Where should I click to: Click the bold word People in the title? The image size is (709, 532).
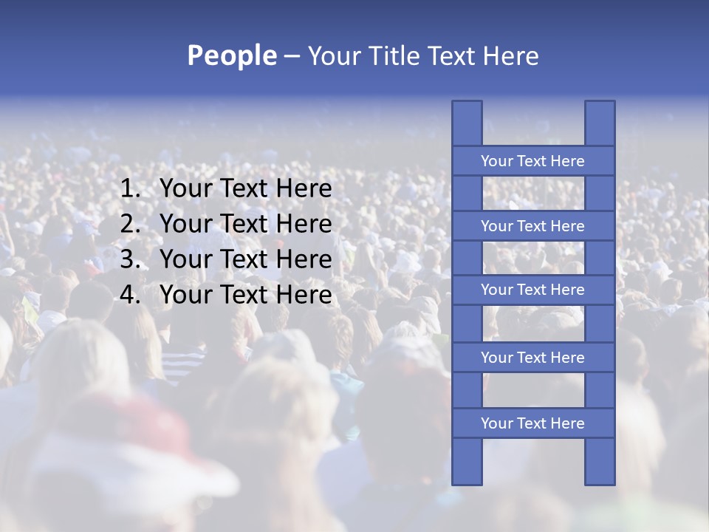(231, 56)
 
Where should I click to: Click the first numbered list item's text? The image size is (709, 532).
(245, 189)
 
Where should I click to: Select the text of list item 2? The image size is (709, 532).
(245, 224)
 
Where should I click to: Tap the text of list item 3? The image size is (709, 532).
(245, 259)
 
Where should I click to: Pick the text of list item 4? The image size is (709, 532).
(245, 295)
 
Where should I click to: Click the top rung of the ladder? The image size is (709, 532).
(532, 161)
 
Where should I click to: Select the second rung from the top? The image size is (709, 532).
(532, 226)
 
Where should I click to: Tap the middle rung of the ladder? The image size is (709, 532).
(532, 290)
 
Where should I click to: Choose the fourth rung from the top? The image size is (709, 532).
(532, 358)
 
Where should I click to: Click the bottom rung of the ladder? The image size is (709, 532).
(532, 423)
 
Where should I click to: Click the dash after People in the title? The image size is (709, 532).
(292, 57)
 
